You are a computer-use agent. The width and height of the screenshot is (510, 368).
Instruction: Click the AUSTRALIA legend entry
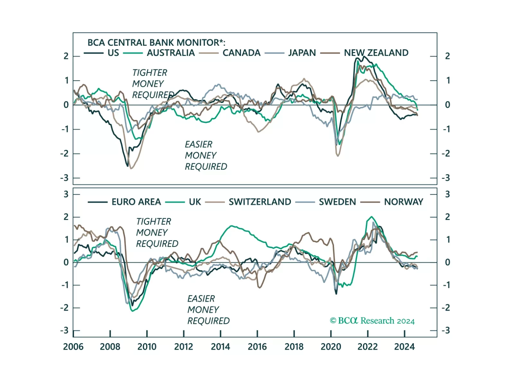171,53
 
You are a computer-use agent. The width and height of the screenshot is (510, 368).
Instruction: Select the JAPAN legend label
302,53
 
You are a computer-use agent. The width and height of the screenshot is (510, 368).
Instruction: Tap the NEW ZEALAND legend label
376,53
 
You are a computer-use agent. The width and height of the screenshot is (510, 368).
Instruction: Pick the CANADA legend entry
241,53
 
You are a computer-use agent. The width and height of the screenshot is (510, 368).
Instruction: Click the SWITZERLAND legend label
260,202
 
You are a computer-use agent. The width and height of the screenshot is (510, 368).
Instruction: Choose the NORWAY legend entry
404,202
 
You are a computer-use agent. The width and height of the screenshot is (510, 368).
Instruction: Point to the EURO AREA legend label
136,202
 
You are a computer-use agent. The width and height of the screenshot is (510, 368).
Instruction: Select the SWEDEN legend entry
337,202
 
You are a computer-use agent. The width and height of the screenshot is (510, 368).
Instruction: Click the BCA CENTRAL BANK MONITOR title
156,42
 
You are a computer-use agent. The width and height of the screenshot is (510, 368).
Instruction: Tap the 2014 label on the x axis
220,347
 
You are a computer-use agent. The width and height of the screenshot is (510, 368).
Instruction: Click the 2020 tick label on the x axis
331,347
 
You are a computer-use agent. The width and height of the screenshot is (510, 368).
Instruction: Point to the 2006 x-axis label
73,347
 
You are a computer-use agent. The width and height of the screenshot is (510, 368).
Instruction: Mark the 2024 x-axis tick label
404,347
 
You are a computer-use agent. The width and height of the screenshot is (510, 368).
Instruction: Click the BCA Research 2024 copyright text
372,321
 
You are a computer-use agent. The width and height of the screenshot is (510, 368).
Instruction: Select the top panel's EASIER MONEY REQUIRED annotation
206,155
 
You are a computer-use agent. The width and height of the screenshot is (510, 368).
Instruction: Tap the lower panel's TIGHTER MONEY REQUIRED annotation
157,233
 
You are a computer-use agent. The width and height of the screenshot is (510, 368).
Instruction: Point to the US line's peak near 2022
363,57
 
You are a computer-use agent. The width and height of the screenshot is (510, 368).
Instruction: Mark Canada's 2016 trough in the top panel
258,132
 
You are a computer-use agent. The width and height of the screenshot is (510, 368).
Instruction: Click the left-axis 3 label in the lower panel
66,194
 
